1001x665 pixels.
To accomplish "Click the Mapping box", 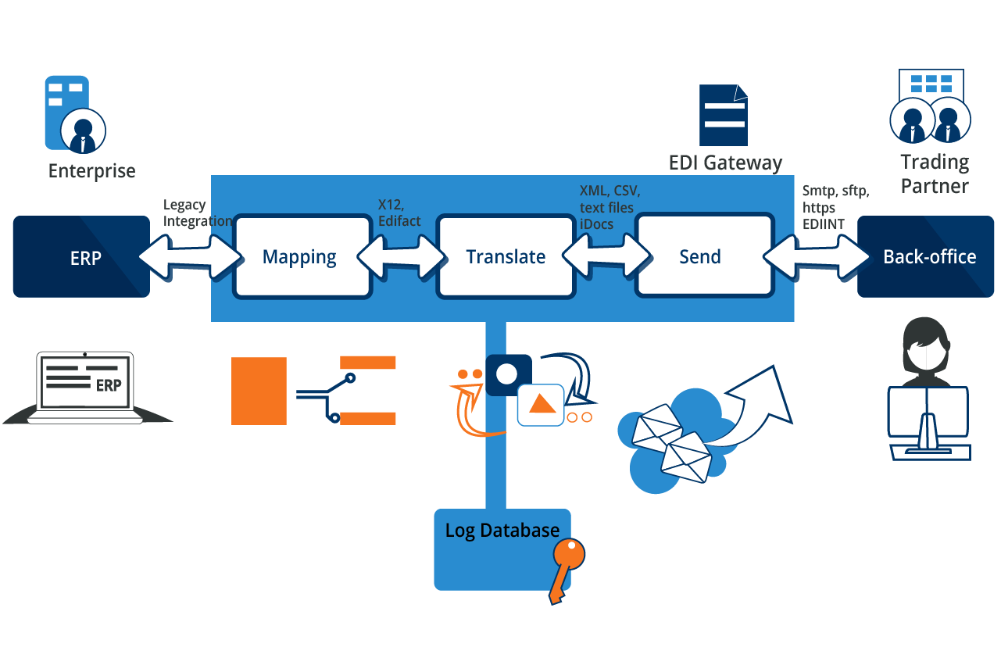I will tap(302, 257).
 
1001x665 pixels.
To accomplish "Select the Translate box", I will tap(506, 257).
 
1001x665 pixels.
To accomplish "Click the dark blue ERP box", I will tap(81, 257).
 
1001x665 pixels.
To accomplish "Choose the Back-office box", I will tap(929, 257).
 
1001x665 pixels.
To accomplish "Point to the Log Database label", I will tap(502, 530).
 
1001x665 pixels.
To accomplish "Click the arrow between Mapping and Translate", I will tap(402, 256).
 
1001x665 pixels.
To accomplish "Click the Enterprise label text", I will tap(91, 171).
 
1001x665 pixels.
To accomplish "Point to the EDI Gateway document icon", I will tap(723, 116).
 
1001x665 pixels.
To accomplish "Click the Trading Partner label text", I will tap(934, 173).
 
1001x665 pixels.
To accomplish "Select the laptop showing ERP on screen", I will tap(86, 388).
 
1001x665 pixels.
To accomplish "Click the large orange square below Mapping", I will tap(259, 391).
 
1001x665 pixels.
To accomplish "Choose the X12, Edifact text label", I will tap(399, 213).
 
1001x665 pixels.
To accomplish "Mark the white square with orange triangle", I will tap(540, 405).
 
